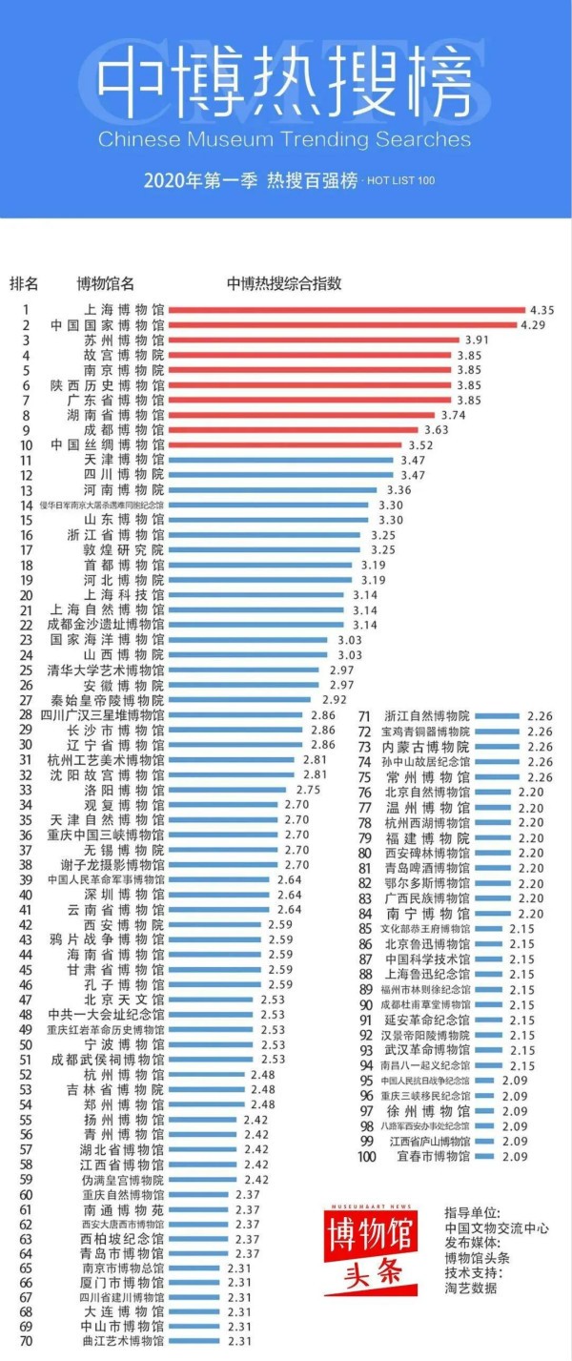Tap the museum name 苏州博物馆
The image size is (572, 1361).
pyautogui.click(x=118, y=340)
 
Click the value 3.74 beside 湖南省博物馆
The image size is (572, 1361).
pyautogui.click(x=453, y=415)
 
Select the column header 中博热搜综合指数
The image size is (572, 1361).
pyautogui.click(x=284, y=283)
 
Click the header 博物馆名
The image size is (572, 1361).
pyautogui.click(x=105, y=283)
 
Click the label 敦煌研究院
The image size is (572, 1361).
pyautogui.click(x=124, y=549)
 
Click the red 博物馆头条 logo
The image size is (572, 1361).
pyautogui.click(x=373, y=1249)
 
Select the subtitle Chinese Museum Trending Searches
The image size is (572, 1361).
pyautogui.click(x=284, y=139)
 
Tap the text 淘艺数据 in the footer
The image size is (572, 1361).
pyautogui.click(x=470, y=1289)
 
